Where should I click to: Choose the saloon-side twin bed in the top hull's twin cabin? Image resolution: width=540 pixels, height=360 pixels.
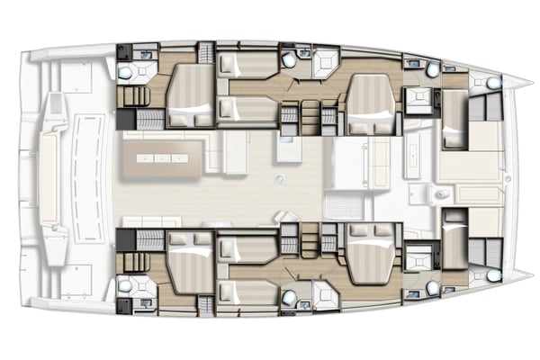248,108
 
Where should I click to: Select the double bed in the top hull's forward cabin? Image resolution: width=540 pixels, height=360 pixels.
368,100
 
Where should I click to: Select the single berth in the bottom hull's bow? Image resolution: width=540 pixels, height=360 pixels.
454,239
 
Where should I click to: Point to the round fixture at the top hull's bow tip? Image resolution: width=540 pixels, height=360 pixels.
492,83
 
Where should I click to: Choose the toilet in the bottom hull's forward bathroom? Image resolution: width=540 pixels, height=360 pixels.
434,289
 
